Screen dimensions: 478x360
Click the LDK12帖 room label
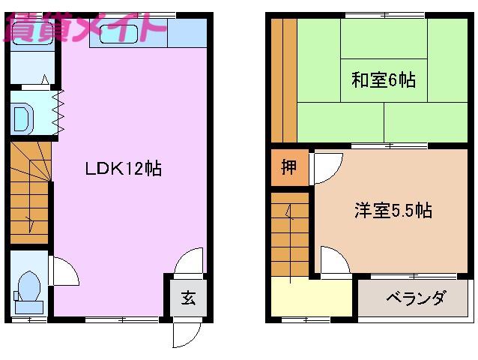click(123, 168)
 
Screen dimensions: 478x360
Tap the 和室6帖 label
click(384, 80)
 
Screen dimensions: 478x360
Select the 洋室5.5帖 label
click(393, 210)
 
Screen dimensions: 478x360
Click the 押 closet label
click(288, 167)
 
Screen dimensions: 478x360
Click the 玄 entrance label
click(188, 298)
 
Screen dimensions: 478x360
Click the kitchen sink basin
click(118, 34)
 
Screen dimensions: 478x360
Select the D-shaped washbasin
click(22, 118)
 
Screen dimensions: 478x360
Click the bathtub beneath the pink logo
click(33, 33)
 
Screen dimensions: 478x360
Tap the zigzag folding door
click(58, 112)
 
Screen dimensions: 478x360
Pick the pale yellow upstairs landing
click(312, 297)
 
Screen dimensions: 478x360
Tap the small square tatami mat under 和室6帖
click(384, 80)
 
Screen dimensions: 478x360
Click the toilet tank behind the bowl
click(29, 307)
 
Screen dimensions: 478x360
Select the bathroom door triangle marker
click(45, 79)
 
